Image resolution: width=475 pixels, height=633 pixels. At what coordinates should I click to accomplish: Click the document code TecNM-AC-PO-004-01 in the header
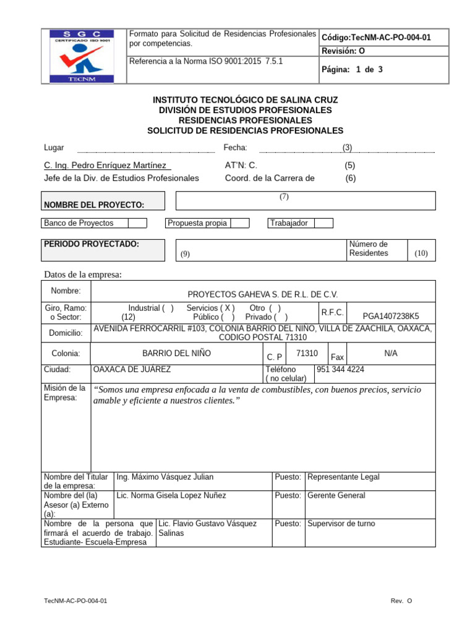coord(376,38)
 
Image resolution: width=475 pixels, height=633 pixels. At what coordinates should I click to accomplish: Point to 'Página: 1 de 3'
coord(352,69)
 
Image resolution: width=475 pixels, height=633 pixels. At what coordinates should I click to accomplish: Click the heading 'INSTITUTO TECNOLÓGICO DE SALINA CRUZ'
coord(245,100)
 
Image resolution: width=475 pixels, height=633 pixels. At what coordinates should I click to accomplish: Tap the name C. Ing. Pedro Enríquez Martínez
coord(105,166)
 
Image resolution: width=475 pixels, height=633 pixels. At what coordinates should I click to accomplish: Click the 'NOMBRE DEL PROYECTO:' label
coord(94,205)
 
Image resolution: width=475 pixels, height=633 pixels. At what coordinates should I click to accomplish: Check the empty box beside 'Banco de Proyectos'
coord(137,223)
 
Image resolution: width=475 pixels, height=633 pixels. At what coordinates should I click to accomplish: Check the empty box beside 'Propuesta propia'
coord(239,223)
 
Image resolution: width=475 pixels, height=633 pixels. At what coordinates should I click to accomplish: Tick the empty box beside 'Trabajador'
coord(323,223)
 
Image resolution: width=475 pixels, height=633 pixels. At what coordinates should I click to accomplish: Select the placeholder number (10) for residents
coord(421,253)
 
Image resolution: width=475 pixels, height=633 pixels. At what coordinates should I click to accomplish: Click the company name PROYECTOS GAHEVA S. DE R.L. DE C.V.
coord(263,295)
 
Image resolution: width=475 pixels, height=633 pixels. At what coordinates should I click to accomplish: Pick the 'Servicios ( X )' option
coord(210,308)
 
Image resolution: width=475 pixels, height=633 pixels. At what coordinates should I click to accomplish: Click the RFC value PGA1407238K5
coord(391,314)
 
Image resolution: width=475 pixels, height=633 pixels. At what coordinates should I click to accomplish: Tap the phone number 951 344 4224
coord(340,370)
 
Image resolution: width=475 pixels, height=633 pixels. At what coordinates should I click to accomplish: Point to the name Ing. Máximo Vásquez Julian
coord(165,477)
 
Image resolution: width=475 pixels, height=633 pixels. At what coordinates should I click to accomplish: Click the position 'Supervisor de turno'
coord(341,524)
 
